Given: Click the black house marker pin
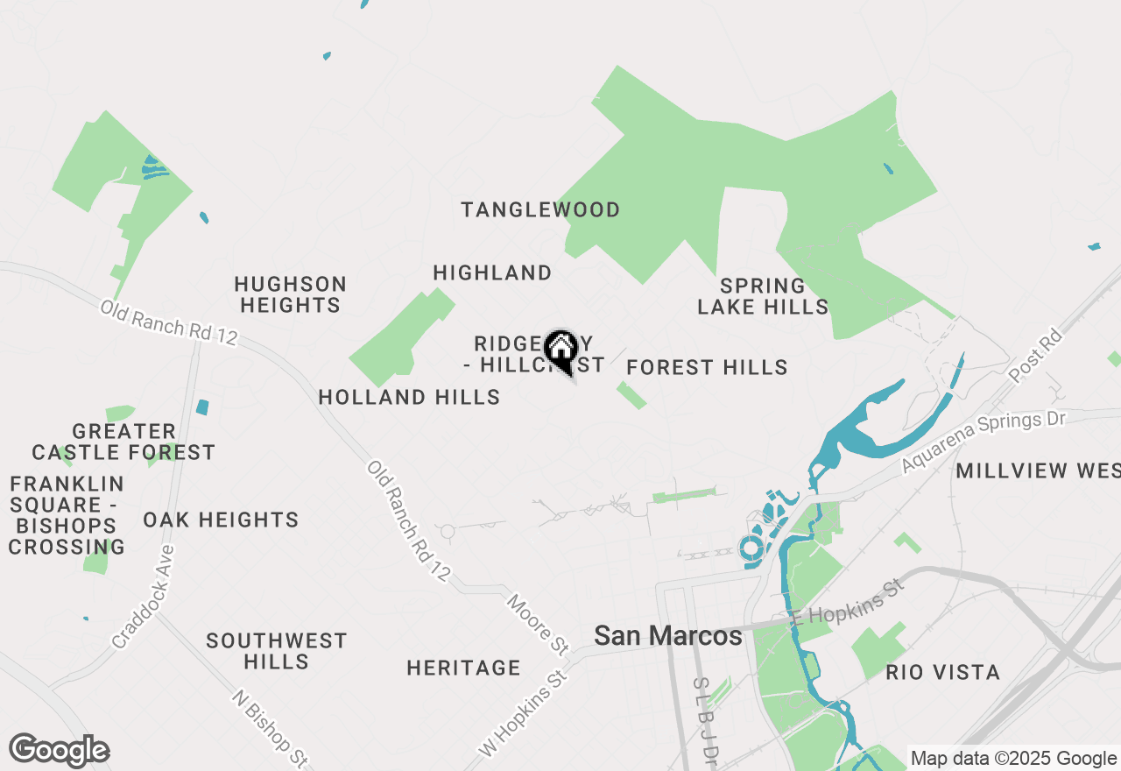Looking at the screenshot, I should click(x=560, y=350).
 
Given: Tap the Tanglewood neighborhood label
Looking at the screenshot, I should click(x=540, y=210).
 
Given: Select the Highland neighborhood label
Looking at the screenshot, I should click(x=492, y=273).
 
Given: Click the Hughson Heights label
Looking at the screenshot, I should click(x=290, y=294).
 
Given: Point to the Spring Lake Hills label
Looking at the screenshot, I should click(x=762, y=296).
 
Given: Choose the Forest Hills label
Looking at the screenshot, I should click(x=707, y=367).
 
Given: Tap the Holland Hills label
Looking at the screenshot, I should click(x=409, y=397).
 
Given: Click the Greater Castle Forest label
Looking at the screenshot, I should click(x=123, y=442).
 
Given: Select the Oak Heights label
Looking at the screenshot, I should click(x=221, y=520).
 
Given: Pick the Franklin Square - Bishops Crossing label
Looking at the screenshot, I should click(x=67, y=515).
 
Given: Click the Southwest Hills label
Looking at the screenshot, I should click(x=277, y=651).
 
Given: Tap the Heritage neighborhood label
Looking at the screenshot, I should click(x=463, y=668).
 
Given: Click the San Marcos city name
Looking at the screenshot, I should click(x=668, y=636).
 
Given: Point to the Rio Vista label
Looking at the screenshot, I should click(x=942, y=672).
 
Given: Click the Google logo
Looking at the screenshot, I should click(x=59, y=750).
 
